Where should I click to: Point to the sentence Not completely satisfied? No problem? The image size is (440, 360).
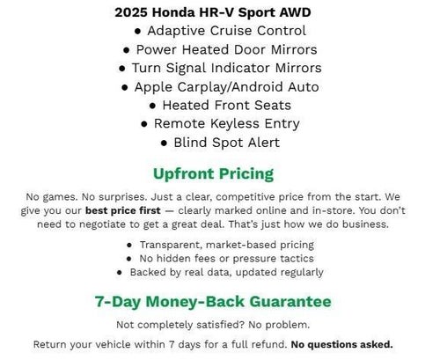[x=212, y=324]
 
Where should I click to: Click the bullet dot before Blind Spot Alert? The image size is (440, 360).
[x=165, y=143]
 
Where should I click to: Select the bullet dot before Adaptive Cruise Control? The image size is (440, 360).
[x=138, y=32]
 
